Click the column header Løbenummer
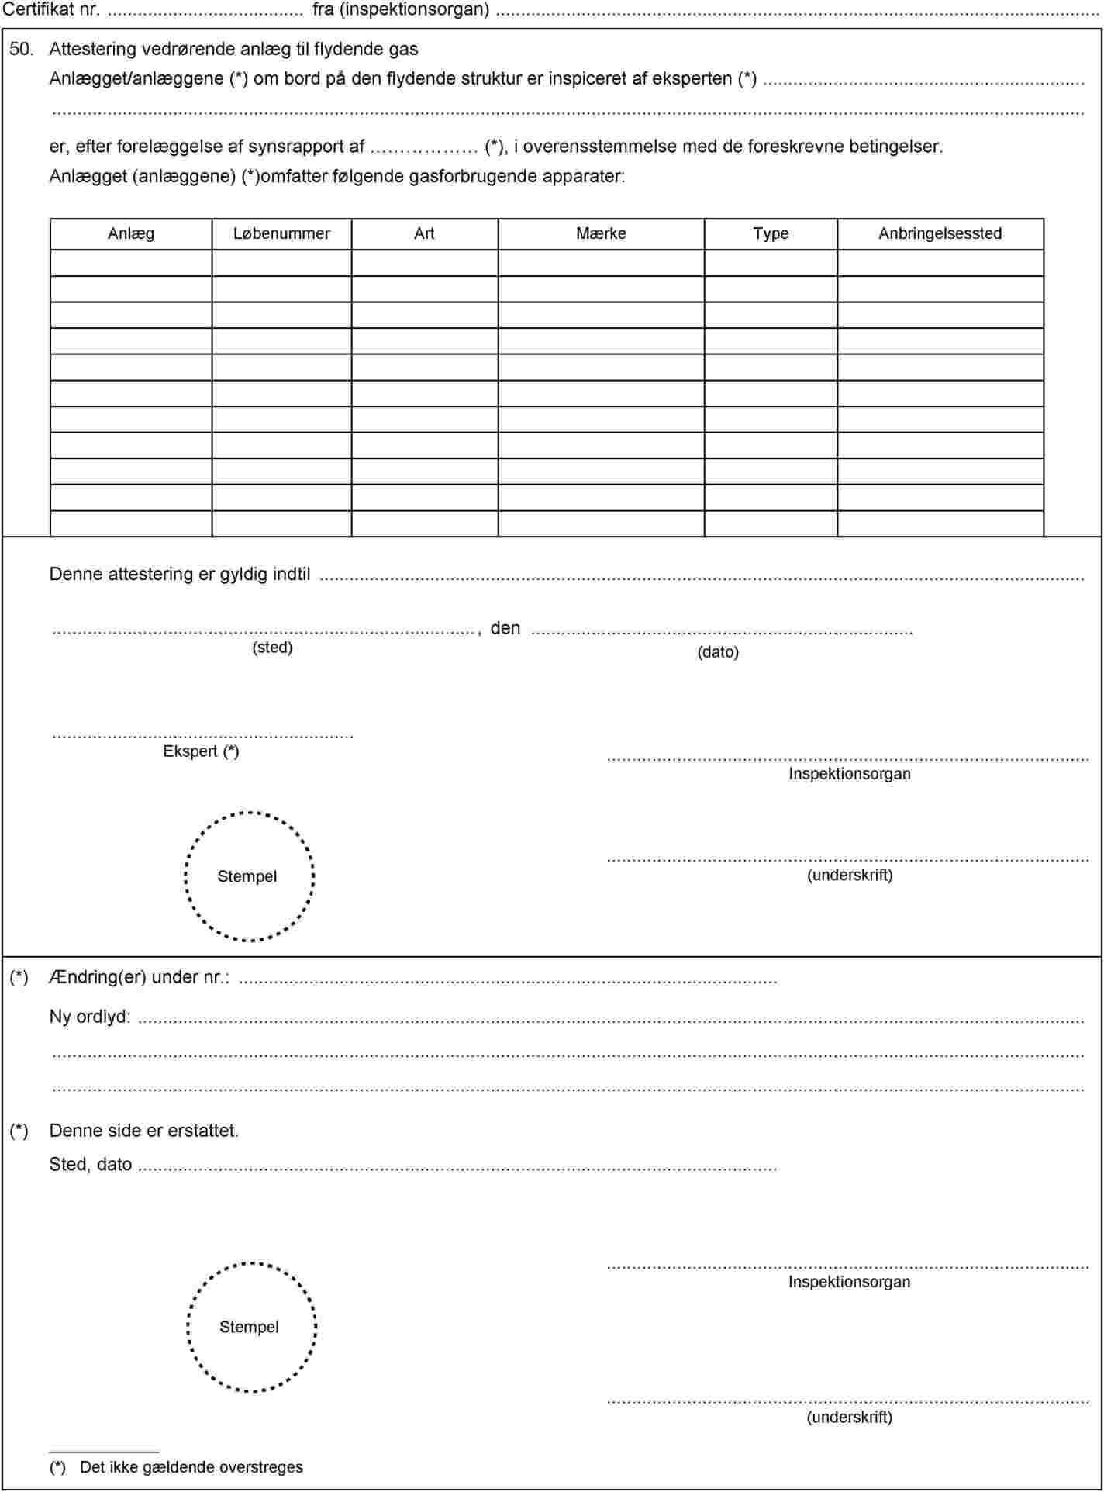[x=281, y=233]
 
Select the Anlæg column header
[x=131, y=233]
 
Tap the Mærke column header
[x=601, y=233]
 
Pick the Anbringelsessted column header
[x=940, y=233]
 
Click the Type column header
[x=771, y=233]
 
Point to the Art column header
[x=424, y=233]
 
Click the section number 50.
[x=21, y=50]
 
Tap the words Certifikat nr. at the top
[x=51, y=10]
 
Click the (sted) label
[x=272, y=648]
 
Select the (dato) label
[x=718, y=652]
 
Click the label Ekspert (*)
[x=201, y=751]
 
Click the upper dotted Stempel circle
[x=249, y=876]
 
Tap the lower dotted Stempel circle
[x=251, y=1327]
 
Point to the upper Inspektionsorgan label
[x=850, y=773]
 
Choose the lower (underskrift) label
[x=850, y=1417]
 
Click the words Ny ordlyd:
[x=90, y=1017]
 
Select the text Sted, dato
[x=91, y=1165]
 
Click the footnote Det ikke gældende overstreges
[x=191, y=1467]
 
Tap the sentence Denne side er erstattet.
[x=144, y=1131]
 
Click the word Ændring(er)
[x=98, y=977]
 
